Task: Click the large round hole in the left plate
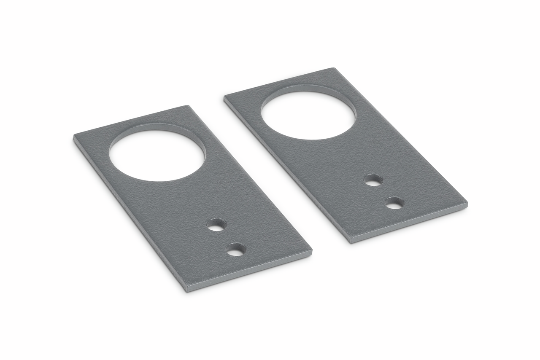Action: point(157,155)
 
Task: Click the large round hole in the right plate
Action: point(308,115)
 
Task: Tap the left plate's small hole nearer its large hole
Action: point(216,225)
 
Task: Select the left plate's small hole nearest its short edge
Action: point(236,250)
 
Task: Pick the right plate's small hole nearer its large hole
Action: point(373,180)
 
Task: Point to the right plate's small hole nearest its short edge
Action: point(395,203)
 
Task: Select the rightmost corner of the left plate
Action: point(311,251)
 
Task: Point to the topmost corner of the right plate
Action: point(334,69)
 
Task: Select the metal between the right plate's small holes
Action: point(384,192)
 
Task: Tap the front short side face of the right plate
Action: point(409,224)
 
